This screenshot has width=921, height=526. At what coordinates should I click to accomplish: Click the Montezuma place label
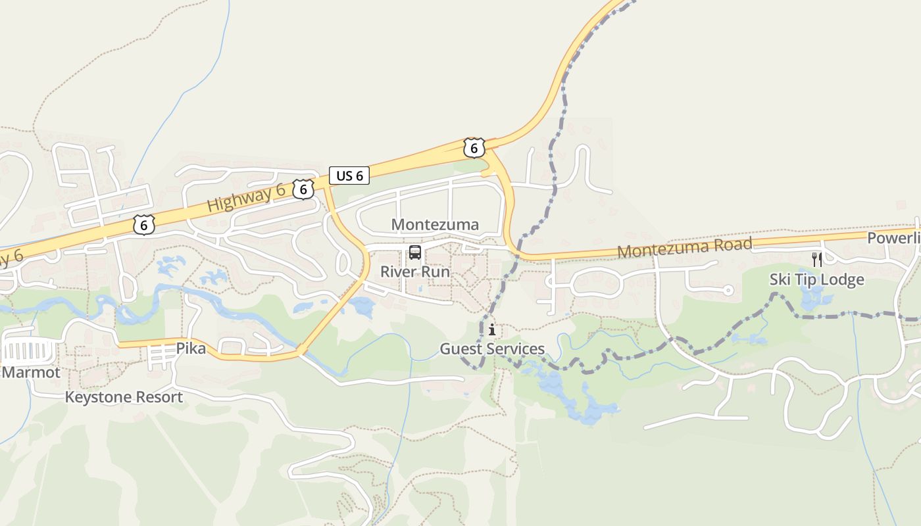click(435, 224)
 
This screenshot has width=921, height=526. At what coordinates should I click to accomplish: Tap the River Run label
click(415, 272)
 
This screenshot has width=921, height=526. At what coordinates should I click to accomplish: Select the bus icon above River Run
click(415, 252)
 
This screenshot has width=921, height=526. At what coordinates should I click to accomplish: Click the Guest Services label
click(492, 348)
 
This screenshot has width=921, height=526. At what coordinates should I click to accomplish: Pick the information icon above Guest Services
click(492, 329)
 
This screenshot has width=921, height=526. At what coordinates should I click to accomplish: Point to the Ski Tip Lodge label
click(817, 279)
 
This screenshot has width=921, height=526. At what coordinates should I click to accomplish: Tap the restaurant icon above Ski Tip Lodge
click(817, 259)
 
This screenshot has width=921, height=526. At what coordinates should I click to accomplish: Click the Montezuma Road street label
click(684, 248)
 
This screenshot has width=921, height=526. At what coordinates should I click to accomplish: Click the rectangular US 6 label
click(349, 176)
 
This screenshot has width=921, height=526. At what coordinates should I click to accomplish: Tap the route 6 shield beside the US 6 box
click(303, 189)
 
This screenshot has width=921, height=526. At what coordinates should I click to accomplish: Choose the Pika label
click(191, 348)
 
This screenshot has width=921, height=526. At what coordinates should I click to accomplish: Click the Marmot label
click(31, 373)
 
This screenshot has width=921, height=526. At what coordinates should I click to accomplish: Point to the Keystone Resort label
click(124, 397)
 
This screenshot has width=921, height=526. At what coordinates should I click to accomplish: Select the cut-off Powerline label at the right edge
click(893, 237)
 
